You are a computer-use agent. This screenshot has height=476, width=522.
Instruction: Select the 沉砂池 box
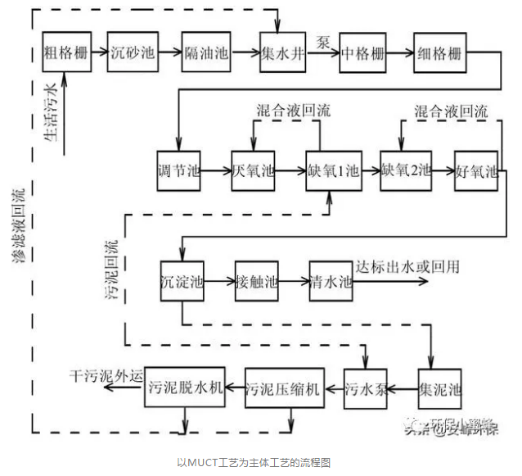click(133, 54)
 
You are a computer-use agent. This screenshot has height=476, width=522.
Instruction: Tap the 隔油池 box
click(205, 54)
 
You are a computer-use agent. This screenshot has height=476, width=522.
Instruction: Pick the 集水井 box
click(282, 54)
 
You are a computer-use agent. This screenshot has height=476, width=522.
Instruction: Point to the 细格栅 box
click(440, 54)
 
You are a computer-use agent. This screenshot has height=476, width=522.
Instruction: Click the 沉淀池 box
click(181, 281)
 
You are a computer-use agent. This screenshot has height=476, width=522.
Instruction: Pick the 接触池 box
click(256, 281)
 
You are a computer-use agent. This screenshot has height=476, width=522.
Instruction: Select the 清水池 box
click(331, 281)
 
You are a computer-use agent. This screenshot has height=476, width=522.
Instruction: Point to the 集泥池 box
click(440, 388)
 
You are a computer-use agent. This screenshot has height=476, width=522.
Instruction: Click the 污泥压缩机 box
click(285, 388)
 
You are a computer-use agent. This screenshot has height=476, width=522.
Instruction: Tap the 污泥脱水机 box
click(185, 388)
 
